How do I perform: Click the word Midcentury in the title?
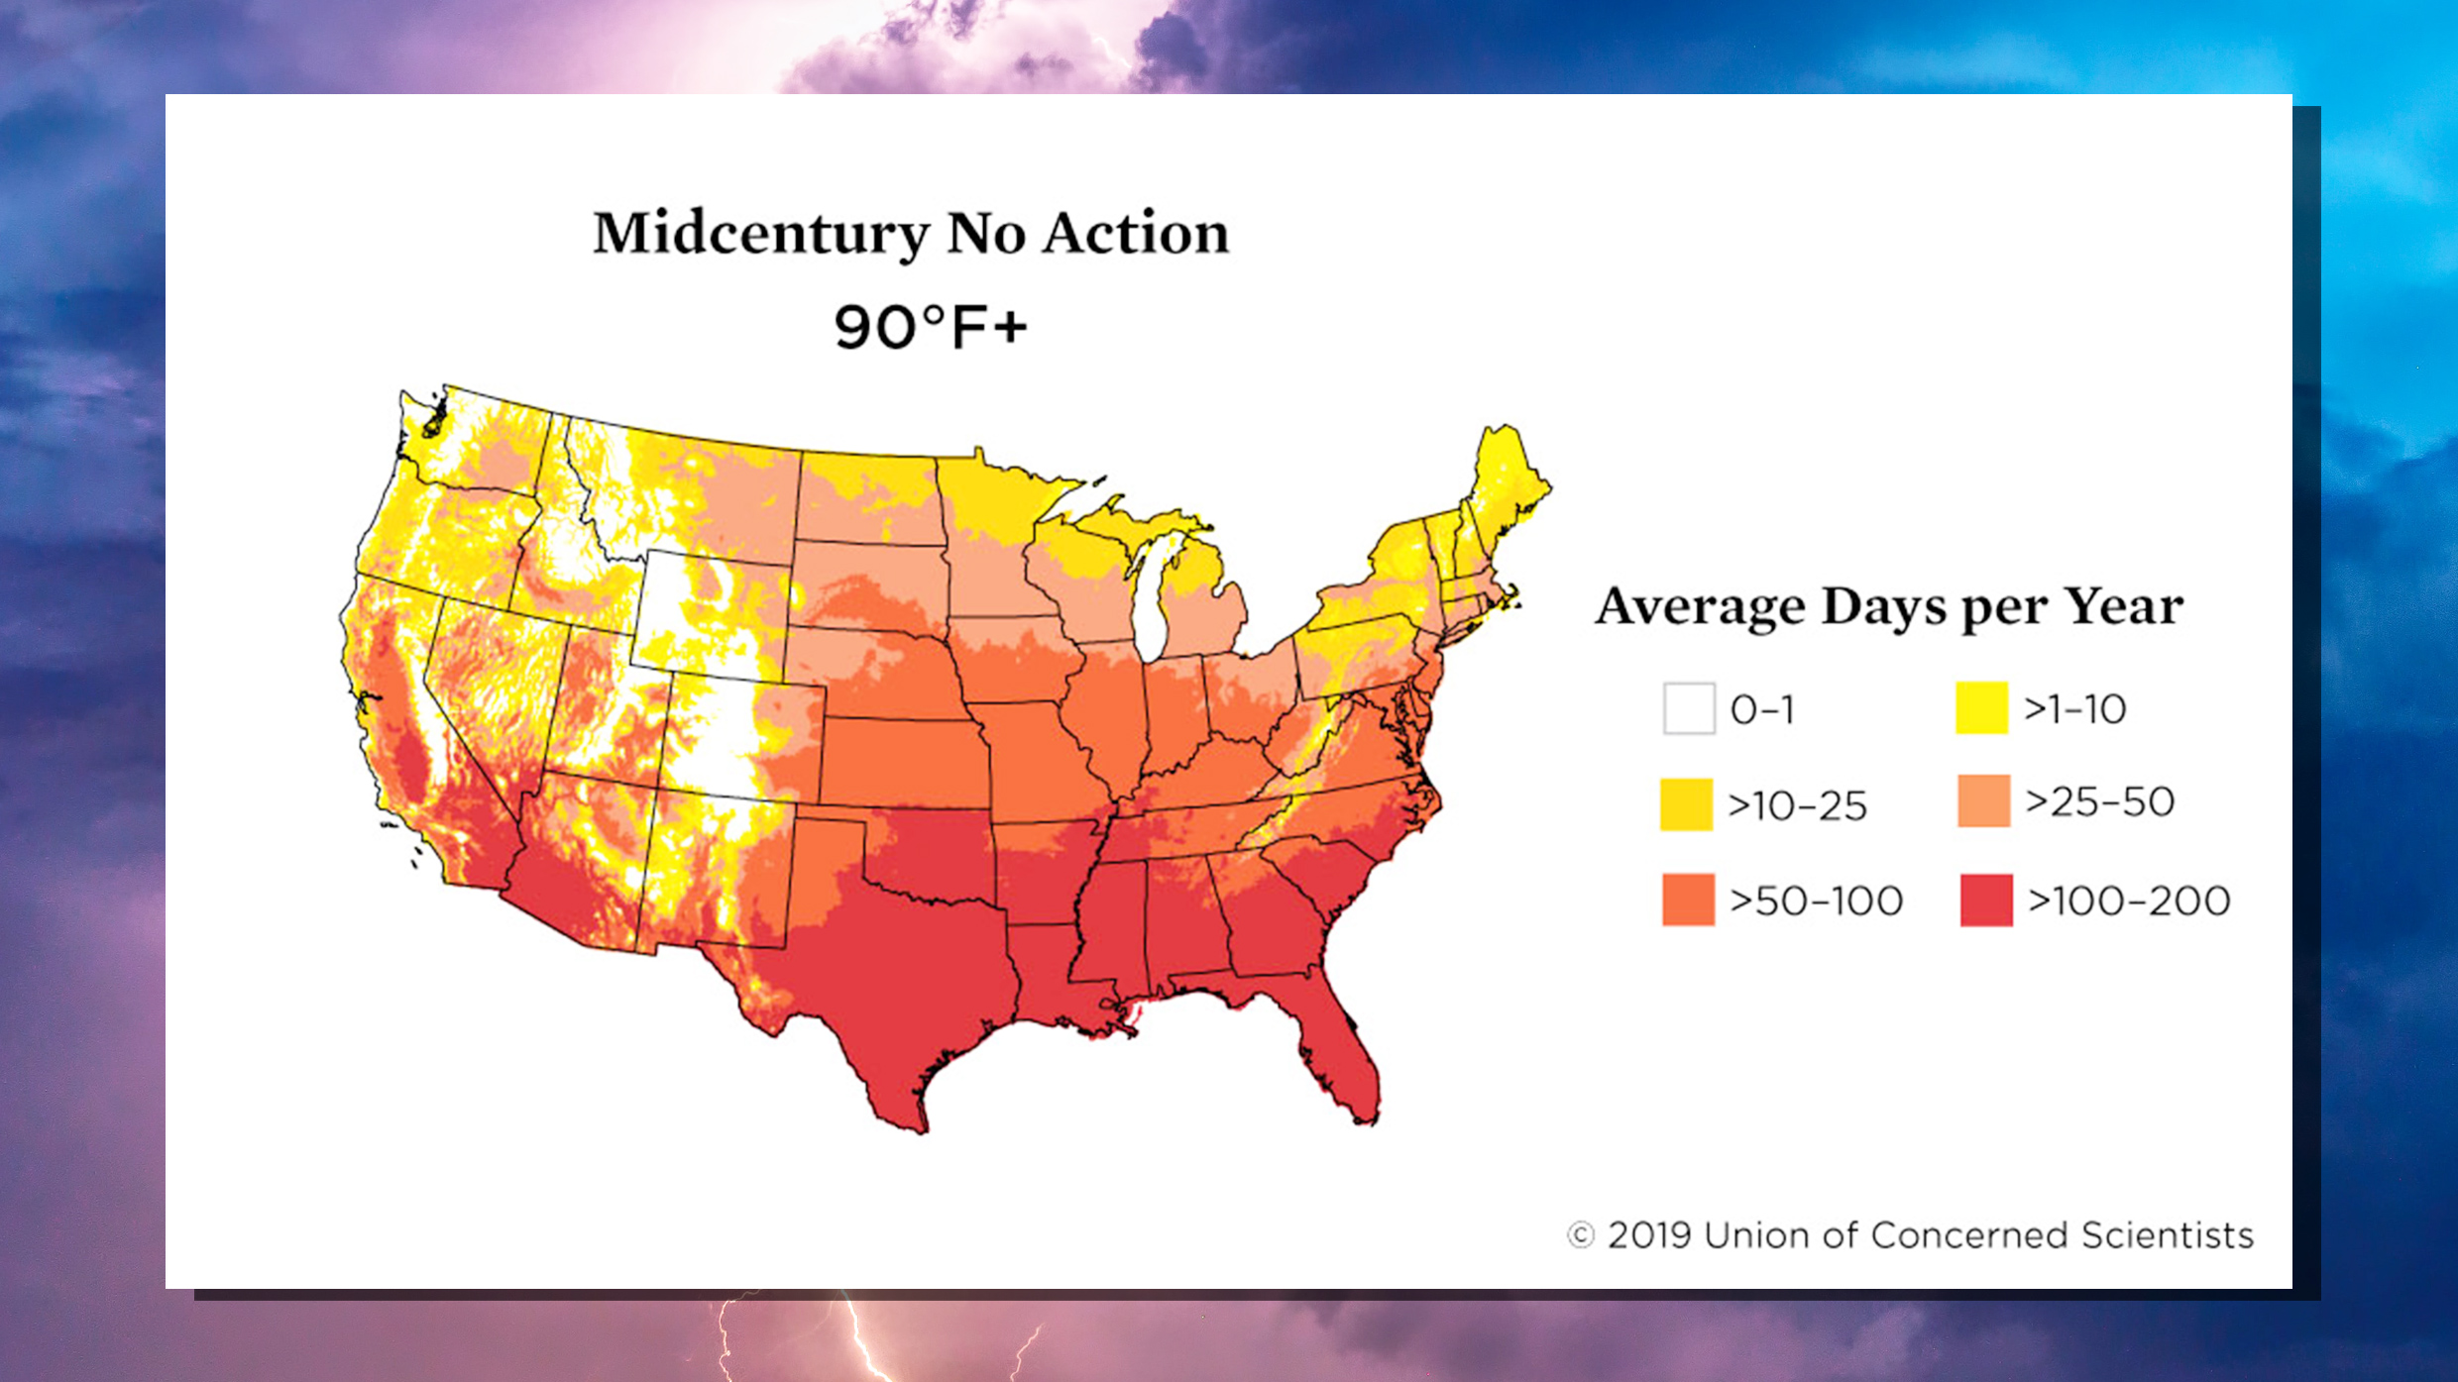tap(760, 235)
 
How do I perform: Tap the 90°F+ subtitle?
tap(930, 328)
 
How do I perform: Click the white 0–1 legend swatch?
tap(1689, 708)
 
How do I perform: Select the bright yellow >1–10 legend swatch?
tap(1981, 707)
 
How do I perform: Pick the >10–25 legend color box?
tap(1686, 803)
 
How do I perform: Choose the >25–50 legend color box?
tap(1983, 800)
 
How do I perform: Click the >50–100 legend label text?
tap(1816, 901)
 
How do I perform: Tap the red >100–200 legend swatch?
tap(1986, 900)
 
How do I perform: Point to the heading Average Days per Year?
tap(1888, 606)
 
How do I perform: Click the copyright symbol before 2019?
tap(1580, 1235)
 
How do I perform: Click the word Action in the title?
tap(1136, 235)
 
